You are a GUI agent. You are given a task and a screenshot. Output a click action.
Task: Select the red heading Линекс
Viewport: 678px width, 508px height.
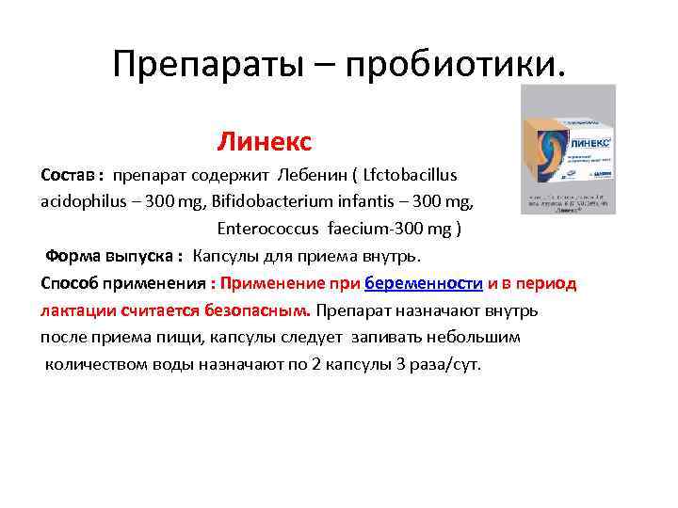tap(264, 142)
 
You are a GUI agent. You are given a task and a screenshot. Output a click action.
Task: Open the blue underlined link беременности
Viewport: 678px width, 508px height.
tap(424, 283)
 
